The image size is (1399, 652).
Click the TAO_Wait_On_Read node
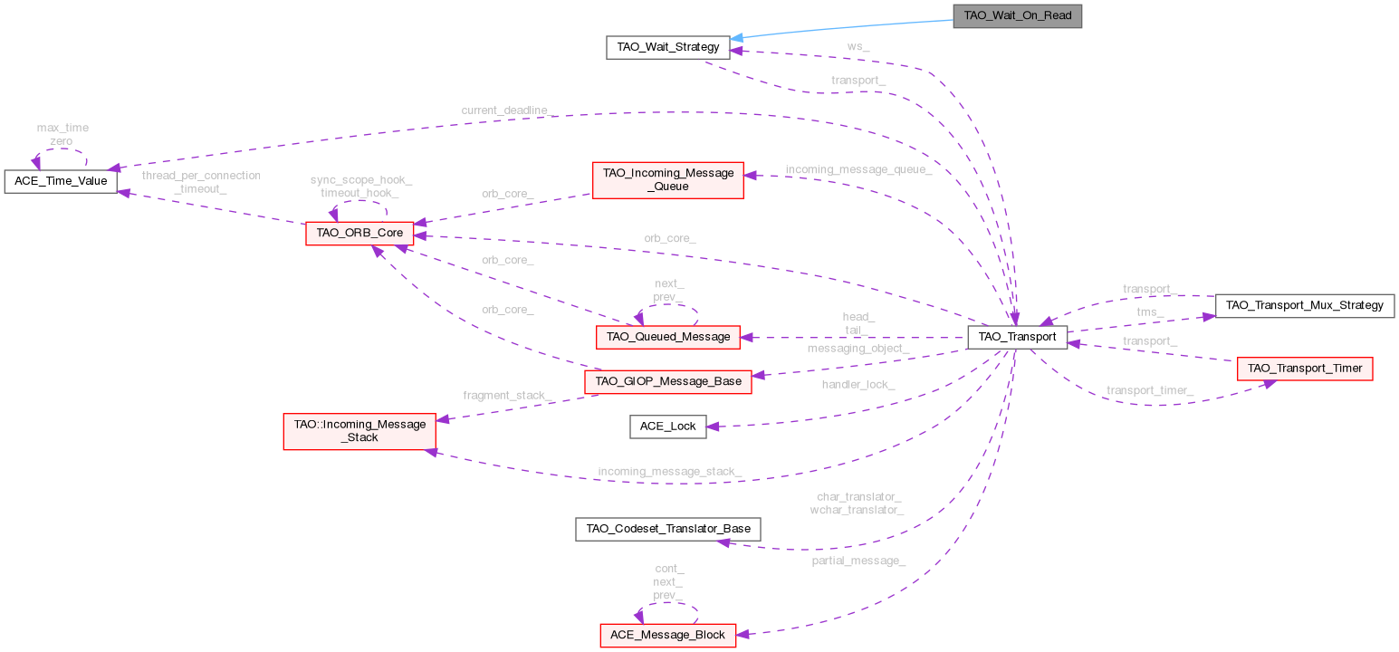1017,16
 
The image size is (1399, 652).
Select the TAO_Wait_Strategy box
667,47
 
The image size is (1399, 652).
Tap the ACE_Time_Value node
61,181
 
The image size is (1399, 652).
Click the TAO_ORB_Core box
359,234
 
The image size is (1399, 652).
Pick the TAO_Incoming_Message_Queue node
667,179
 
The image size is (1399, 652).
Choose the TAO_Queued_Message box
668,336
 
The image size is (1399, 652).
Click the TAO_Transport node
1018,336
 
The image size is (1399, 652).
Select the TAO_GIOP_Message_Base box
668,381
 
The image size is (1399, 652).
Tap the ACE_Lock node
668,426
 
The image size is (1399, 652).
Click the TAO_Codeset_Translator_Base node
667,529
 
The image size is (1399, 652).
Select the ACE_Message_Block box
667,635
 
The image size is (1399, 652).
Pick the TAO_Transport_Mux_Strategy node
1304,305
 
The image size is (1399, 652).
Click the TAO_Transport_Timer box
1305,369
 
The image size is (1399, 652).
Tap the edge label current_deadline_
504,110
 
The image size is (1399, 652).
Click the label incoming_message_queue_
858,169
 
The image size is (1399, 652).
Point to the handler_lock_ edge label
858,384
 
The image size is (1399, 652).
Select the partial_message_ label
858,561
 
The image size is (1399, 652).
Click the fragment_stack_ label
506,395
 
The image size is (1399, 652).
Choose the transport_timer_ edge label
1149,390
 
